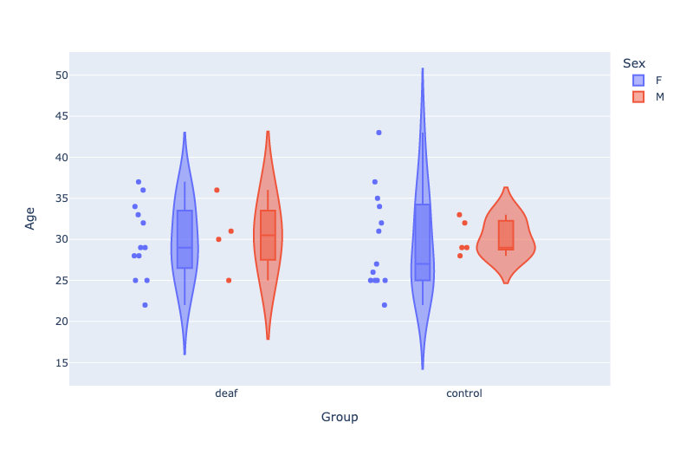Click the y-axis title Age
click(30, 218)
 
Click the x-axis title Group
click(340, 417)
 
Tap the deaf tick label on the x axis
click(226, 393)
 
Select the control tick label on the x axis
click(464, 393)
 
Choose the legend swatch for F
click(638, 80)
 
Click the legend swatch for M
click(638, 97)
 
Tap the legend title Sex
click(633, 63)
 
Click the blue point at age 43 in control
click(379, 133)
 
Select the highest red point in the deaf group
click(217, 190)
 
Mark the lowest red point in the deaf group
click(229, 280)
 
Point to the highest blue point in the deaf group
click(139, 182)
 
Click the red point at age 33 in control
click(459, 215)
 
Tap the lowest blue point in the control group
click(385, 305)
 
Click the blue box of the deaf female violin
click(185, 239)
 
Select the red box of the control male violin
click(506, 235)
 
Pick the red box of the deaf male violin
click(268, 235)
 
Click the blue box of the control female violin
click(423, 243)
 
